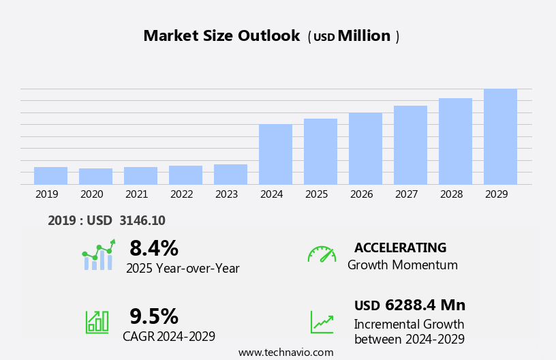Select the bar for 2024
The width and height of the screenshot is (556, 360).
pos(275,154)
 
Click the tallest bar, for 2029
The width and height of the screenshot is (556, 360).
pos(500,136)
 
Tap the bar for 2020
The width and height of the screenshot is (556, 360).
pos(95,176)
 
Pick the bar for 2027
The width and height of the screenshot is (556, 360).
pos(410,145)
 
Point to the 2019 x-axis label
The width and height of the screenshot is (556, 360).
pos(47,194)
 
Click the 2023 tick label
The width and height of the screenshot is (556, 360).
pos(227,194)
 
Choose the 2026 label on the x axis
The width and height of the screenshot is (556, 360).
pos(362,194)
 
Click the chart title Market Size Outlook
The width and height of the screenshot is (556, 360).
pos(221,36)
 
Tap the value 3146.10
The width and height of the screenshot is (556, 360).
pos(142,220)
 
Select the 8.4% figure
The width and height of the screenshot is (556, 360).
pos(154,248)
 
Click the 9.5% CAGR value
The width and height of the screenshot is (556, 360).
pos(154,316)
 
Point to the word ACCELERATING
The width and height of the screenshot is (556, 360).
pos(400,247)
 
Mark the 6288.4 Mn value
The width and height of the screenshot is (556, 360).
pos(424,305)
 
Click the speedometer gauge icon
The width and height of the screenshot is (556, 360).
pos(322,254)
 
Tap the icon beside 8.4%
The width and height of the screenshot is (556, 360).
pos(99,255)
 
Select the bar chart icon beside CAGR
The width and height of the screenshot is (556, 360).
pos(97,321)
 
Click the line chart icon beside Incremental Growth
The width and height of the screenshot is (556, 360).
pos(322,322)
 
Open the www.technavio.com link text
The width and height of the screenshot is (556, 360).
pos(285,352)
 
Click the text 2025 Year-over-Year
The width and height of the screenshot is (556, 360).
pos(183,269)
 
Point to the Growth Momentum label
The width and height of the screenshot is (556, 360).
pos(402,265)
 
